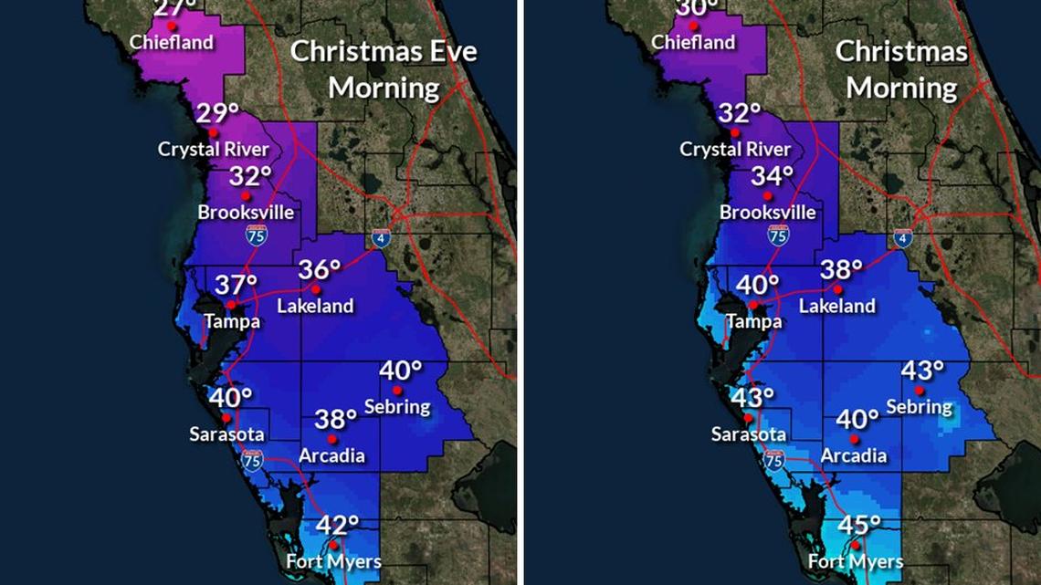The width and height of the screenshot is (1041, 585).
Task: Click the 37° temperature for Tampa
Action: point(236,285)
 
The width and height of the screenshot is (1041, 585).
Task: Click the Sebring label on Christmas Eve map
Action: point(397,405)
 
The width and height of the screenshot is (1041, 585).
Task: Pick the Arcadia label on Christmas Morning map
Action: point(854,454)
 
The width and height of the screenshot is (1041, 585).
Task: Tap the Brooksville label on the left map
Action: point(246,213)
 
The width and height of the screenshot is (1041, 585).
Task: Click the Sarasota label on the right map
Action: point(749,434)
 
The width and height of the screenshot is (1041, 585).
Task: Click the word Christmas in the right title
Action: point(901,51)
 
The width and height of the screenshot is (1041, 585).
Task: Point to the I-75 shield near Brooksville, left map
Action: point(257,235)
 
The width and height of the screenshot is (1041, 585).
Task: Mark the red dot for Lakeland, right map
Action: point(838,288)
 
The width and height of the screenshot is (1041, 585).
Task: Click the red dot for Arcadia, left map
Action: point(332,438)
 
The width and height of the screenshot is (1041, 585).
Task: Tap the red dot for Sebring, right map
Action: point(920,391)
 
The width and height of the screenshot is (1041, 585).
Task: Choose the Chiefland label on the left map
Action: point(172,42)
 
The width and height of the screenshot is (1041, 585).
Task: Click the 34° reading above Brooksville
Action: point(773,176)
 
